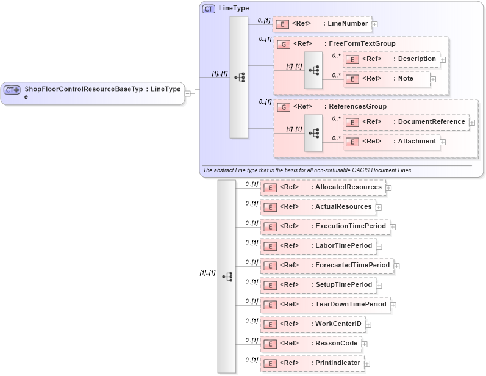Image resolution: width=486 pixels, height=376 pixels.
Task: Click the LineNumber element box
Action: [322, 24]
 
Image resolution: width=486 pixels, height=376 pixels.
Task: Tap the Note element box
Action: [387, 79]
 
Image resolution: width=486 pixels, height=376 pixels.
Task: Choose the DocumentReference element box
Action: [406, 122]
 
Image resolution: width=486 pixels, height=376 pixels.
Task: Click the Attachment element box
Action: [391, 142]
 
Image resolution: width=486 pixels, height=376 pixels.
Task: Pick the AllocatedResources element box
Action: [323, 187]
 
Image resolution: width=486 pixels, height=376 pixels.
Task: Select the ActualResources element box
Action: [318, 207]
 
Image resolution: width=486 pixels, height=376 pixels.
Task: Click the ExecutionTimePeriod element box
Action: [325, 226]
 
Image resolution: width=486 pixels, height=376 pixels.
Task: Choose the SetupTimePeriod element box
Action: [318, 285]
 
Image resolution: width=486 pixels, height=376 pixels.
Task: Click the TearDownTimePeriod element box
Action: [325, 305]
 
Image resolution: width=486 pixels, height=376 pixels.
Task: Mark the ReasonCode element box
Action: [310, 344]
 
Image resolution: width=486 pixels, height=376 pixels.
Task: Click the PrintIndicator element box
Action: [312, 363]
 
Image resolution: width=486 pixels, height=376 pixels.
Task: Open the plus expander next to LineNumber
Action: [375, 24]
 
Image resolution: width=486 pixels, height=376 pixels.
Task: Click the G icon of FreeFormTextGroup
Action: [283, 44]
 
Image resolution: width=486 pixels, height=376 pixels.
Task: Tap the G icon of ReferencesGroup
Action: [283, 107]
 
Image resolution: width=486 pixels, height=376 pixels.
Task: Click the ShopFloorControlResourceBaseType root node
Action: [93, 93]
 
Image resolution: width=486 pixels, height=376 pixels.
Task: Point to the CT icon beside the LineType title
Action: [209, 9]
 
